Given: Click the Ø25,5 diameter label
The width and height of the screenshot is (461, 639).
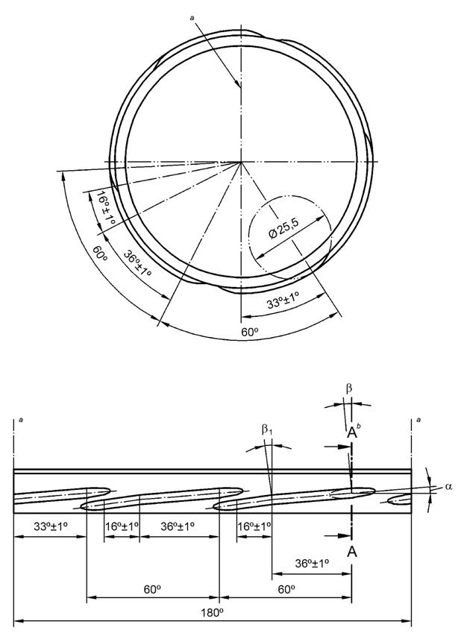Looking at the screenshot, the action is [x=284, y=229].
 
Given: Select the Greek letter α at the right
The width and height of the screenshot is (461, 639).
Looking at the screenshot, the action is [x=448, y=486].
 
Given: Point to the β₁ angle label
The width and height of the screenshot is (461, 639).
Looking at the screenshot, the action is [x=266, y=429].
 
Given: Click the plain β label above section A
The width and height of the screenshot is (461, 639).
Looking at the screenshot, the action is [x=349, y=388].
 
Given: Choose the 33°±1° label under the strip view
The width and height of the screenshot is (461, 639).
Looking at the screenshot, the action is [x=51, y=526].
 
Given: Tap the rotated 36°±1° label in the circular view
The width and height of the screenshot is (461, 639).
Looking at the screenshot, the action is [x=137, y=263].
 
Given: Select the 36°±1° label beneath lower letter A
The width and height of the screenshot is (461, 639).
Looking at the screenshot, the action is [x=313, y=563].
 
